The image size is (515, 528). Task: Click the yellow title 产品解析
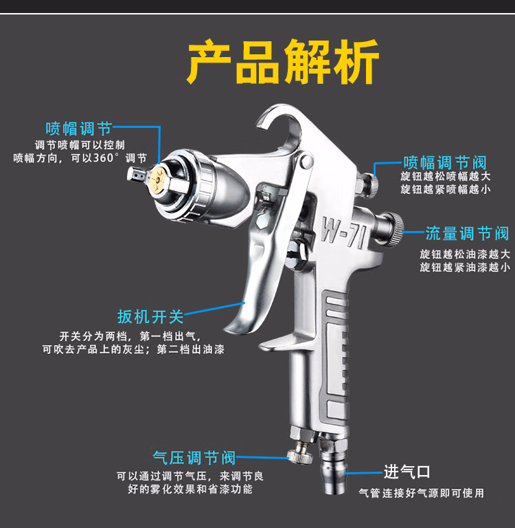tap(283, 61)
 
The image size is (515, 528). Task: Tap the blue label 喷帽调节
tap(79, 129)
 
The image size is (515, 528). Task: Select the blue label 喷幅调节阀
tap(445, 163)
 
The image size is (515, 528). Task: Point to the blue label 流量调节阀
tap(467, 233)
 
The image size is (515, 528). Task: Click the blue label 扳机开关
tap(150, 316)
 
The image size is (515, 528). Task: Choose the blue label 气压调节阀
tap(194, 458)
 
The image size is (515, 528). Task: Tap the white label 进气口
tap(407, 472)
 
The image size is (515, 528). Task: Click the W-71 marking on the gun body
tap(343, 232)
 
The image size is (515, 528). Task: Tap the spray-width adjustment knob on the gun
tap(370, 184)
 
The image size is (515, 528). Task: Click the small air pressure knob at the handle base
tap(300, 456)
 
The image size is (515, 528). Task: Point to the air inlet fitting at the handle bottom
tap(333, 468)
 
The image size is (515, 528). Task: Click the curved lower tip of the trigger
tap(232, 329)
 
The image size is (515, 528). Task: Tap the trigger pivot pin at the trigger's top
tap(306, 161)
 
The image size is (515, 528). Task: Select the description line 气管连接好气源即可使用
tap(422, 493)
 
